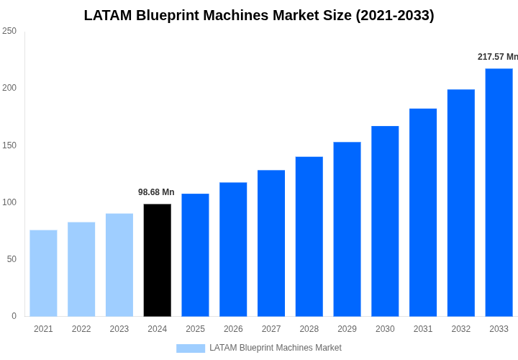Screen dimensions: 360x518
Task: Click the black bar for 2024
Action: [157, 260]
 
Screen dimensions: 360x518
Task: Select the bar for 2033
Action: [499, 192]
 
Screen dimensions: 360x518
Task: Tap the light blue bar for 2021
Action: [43, 273]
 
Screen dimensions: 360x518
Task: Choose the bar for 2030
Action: [385, 221]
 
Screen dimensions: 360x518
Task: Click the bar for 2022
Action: [81, 269]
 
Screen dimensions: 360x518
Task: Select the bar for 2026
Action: [233, 249]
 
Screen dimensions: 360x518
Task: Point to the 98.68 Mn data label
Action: [156, 192]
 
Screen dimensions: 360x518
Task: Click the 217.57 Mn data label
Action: [497, 57]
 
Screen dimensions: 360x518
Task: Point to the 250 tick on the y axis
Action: [9, 31]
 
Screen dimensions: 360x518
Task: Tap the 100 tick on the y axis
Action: [9, 202]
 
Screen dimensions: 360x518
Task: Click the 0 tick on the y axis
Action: [14, 316]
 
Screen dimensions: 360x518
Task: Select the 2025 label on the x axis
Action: [195, 329]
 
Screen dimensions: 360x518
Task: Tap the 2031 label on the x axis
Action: [423, 329]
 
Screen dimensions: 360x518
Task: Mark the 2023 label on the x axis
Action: [119, 329]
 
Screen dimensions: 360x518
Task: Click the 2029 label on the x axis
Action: [347, 329]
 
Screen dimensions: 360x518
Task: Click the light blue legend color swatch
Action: [191, 348]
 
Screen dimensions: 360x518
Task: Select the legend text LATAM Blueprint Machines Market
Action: [276, 348]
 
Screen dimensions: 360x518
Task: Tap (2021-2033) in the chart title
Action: [395, 15]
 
